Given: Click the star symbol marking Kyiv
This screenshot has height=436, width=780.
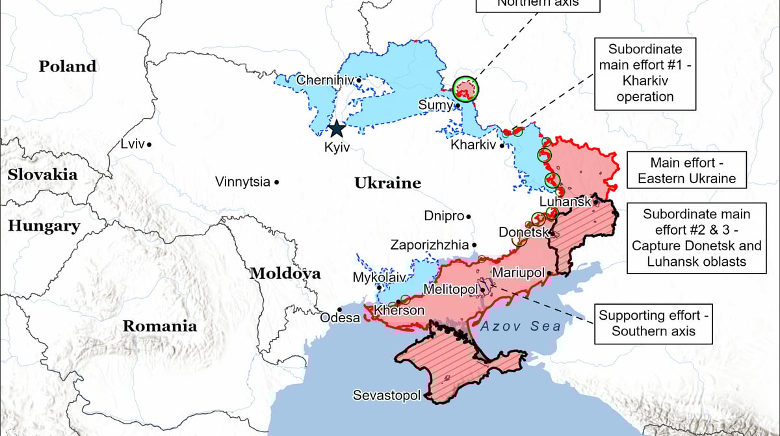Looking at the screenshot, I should point(336,128).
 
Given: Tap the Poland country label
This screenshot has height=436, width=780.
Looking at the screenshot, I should point(68,66).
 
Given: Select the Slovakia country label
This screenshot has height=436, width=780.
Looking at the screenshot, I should point(42,174).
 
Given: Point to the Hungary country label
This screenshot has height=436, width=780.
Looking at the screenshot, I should point(44,226).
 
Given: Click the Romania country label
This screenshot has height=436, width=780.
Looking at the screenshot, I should point(160,326).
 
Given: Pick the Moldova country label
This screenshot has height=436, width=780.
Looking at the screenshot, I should point(285,274).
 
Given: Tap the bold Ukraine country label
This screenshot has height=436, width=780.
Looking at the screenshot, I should point(387,183).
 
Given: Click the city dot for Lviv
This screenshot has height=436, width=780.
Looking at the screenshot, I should point(149,144).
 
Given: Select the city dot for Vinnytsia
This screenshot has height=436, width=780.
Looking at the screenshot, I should point(277,183).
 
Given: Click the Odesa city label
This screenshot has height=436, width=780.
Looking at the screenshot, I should point(340,318).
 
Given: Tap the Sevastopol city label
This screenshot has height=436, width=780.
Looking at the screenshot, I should point(387,395).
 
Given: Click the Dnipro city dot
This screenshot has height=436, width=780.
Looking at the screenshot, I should point(469,216).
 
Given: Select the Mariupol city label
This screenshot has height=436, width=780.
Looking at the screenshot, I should point(518,272).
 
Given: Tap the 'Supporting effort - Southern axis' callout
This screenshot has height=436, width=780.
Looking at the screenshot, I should point(654,323).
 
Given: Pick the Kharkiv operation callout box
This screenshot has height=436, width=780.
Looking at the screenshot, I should point(645,73).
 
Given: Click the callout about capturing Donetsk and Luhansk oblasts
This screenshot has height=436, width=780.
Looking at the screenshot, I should point(696,238).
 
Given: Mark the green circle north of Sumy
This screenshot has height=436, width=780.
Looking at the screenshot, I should point(465,88).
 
